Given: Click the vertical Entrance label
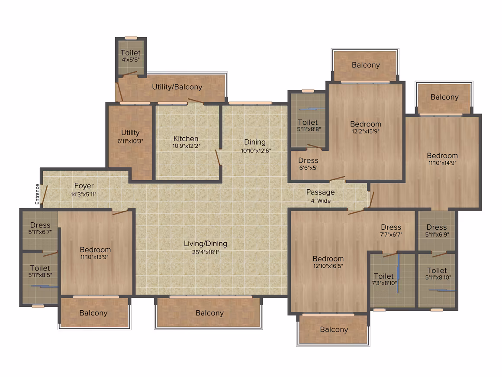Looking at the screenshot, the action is click(38, 194).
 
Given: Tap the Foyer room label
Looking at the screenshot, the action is click(84, 185).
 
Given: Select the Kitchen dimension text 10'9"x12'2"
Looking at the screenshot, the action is click(187, 146).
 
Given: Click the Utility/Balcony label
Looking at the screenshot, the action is click(177, 87).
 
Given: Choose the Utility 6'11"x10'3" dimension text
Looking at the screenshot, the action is click(130, 141).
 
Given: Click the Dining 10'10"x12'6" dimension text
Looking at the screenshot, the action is click(256, 150).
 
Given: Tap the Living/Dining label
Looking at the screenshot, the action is click(206, 244).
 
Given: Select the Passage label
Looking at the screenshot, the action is click(321, 192).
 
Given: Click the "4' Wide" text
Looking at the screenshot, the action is click(321, 201).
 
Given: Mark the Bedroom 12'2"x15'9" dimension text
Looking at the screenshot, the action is click(366, 131).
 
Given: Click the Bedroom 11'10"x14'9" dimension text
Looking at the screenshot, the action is click(442, 163).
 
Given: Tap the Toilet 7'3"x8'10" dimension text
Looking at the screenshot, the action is click(384, 283).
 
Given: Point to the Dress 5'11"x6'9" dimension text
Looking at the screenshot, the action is click(437, 235).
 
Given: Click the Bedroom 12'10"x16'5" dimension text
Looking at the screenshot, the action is click(328, 266).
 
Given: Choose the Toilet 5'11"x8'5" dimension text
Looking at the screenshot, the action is click(40, 275).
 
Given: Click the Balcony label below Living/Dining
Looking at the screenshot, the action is click(210, 313).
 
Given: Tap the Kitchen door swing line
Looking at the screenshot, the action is click(218, 158).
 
